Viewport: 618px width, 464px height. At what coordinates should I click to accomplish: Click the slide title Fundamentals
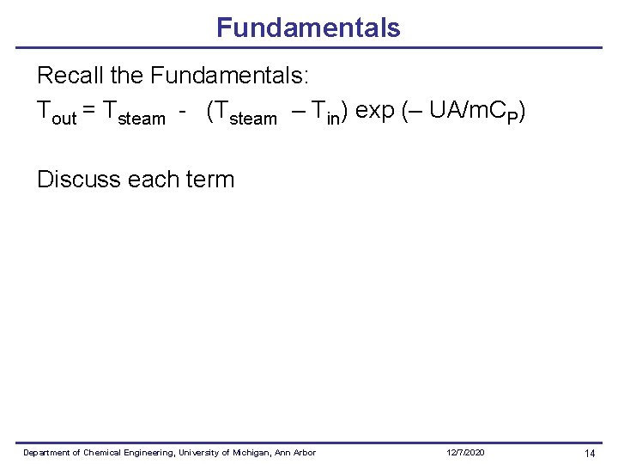pyautogui.click(x=308, y=27)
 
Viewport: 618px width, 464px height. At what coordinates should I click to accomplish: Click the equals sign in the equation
pyautogui.click(x=89, y=112)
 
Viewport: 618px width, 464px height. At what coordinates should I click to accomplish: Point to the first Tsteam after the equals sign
pyautogui.click(x=133, y=113)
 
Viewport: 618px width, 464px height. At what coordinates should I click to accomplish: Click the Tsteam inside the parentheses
pyautogui.click(x=243, y=113)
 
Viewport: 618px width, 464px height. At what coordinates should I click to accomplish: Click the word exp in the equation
pyautogui.click(x=374, y=111)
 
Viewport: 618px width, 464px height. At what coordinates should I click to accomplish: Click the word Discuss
pyautogui.click(x=79, y=180)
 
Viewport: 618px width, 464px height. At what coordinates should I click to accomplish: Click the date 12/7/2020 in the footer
pyautogui.click(x=465, y=453)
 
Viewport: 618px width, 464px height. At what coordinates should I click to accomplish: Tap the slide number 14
pyautogui.click(x=589, y=453)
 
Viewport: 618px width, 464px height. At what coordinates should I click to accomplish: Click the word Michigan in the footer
pyautogui.click(x=251, y=453)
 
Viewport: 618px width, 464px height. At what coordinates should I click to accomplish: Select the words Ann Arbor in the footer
pyautogui.click(x=296, y=453)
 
